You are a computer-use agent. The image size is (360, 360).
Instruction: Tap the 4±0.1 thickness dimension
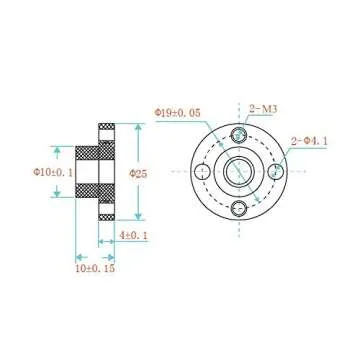pos(134,236)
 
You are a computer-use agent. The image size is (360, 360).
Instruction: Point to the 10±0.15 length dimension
pos(95,267)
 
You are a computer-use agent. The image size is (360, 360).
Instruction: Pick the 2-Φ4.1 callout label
pos(308,140)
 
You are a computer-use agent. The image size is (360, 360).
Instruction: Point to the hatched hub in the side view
pos(87,172)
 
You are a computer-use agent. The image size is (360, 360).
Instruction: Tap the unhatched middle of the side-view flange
pos(107,172)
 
